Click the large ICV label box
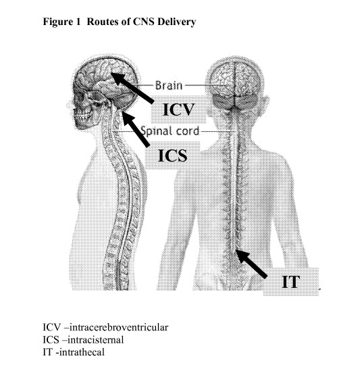click(x=178, y=109)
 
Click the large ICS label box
click(x=173, y=155)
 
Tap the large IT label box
click(x=291, y=281)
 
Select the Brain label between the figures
click(x=169, y=85)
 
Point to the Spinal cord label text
click(x=170, y=131)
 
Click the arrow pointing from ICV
click(x=132, y=88)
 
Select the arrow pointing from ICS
click(x=136, y=130)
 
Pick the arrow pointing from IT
click(x=252, y=264)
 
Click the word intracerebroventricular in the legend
click(x=119, y=327)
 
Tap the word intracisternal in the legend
click(x=96, y=340)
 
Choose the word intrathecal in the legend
click(x=82, y=352)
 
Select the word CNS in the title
click(x=143, y=22)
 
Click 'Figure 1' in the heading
click(x=61, y=22)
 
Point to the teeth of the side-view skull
click(x=82, y=116)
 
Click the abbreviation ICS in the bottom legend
click(x=51, y=340)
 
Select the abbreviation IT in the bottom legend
click(x=47, y=352)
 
